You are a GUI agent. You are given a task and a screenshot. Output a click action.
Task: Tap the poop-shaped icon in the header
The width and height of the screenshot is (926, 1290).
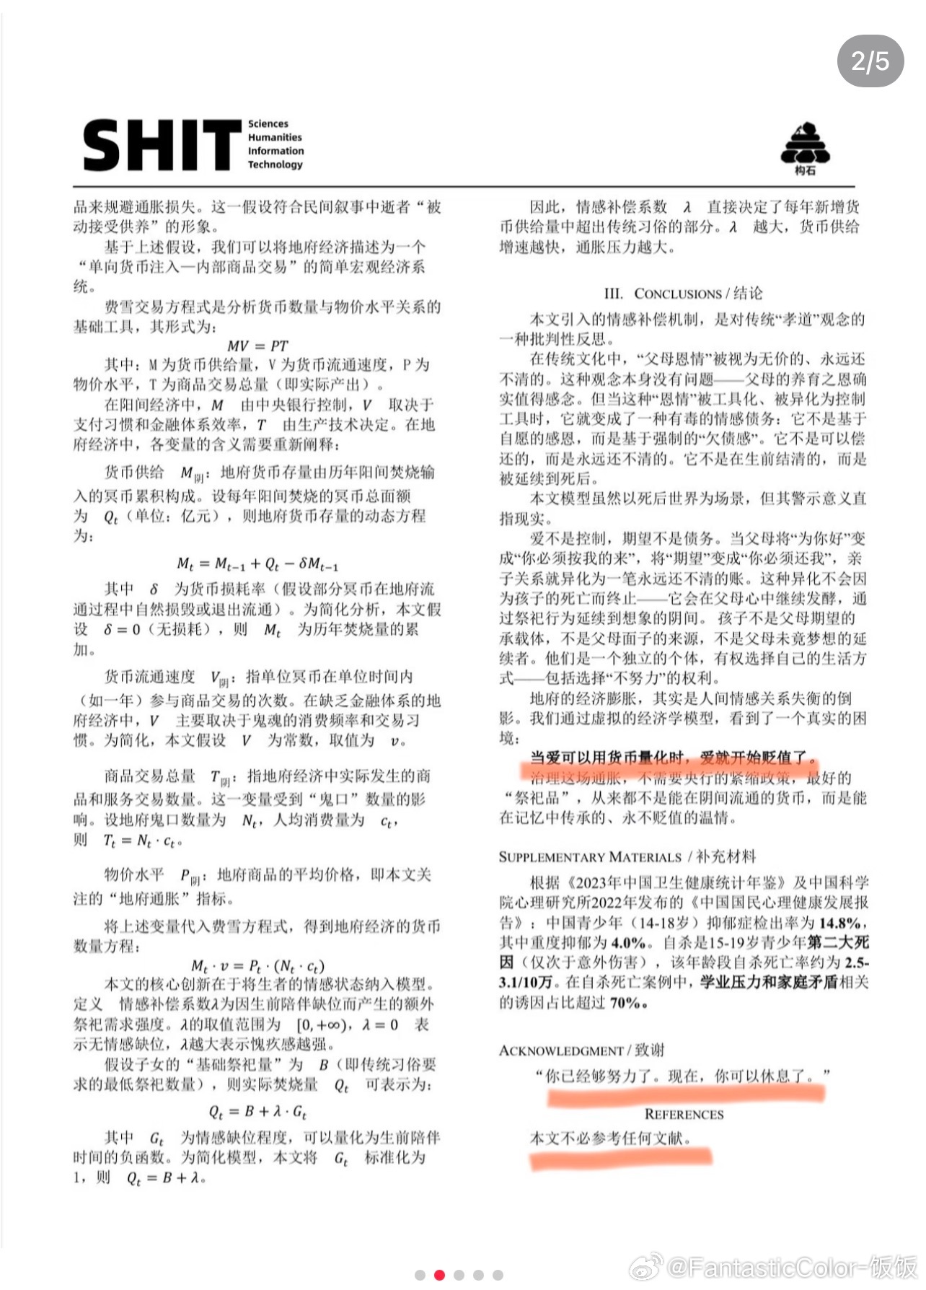pos(804,144)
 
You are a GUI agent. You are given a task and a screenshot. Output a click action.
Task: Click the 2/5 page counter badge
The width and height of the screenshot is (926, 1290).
pos(870,61)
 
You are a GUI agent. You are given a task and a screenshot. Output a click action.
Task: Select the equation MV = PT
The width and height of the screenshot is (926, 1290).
pos(257,346)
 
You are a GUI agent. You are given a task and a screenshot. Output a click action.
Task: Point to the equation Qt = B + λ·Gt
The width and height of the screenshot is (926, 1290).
pos(257,1112)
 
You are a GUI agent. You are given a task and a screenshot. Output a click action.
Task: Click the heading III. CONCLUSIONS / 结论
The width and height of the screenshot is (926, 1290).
pos(683,294)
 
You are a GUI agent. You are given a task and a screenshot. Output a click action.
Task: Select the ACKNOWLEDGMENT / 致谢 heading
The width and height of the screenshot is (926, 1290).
pos(581,1050)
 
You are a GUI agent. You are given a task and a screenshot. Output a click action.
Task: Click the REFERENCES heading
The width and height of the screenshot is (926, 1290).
pos(683,1114)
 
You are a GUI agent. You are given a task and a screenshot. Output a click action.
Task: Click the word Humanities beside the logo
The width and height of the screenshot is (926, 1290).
pos(275,137)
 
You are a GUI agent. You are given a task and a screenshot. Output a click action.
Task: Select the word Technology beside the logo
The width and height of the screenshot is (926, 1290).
pos(275,164)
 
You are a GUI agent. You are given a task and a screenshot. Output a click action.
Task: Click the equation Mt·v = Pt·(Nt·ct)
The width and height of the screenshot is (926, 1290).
pos(257,966)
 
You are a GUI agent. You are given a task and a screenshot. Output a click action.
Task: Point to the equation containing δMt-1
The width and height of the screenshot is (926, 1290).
pos(257,563)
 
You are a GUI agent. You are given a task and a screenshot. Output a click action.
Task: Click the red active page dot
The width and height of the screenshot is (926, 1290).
pos(439,1275)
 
